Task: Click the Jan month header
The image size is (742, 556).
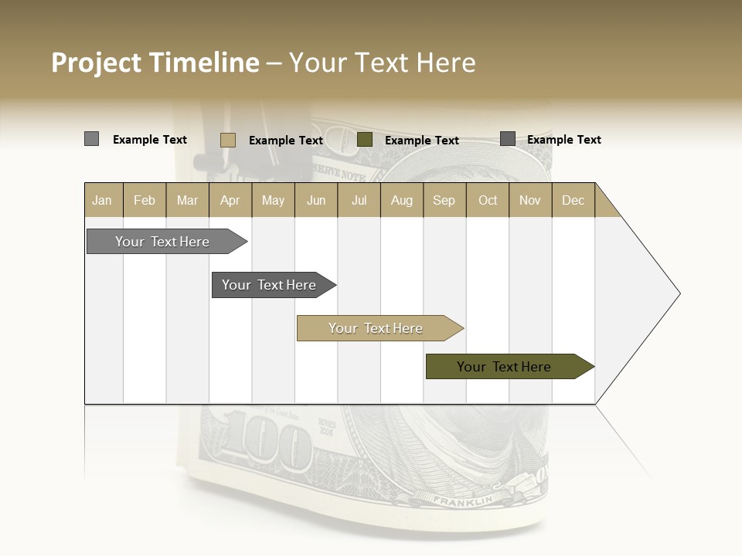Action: [102, 200]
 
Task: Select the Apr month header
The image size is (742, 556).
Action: [230, 200]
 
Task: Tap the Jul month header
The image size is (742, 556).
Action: [359, 200]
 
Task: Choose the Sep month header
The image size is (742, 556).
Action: [444, 200]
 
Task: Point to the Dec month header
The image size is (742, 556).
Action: [573, 200]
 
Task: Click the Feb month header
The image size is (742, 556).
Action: [145, 200]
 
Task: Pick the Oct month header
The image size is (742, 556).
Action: [488, 200]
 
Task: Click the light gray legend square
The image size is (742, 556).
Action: [91, 139]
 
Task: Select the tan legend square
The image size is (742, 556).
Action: [227, 140]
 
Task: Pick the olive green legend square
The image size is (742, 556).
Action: [365, 140]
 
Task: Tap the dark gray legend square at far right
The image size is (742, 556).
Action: [507, 139]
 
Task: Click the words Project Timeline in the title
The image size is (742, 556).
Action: [155, 63]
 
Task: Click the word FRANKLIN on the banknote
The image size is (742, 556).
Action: [462, 501]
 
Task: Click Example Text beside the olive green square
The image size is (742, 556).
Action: [421, 141]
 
